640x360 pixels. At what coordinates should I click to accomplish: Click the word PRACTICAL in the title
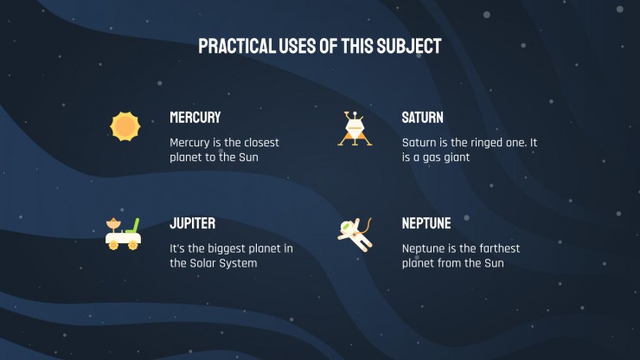[x=237, y=46]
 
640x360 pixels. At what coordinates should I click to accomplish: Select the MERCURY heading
[x=195, y=118]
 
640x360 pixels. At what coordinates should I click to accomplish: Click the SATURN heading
[x=422, y=118]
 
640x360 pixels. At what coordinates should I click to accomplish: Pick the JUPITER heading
[x=193, y=223]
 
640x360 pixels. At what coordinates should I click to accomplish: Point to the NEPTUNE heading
[x=426, y=223]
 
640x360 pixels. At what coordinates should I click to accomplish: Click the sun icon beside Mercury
[x=125, y=126]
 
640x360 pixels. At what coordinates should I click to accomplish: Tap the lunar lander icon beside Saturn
[x=355, y=129]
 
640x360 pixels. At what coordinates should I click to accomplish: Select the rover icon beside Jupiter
[x=123, y=234]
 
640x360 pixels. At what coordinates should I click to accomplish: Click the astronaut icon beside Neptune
[x=355, y=235]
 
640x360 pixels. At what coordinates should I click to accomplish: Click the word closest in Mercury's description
[x=262, y=143]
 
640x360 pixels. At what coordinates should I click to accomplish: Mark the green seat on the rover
[x=133, y=226]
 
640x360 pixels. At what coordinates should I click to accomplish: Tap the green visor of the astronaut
[x=346, y=225]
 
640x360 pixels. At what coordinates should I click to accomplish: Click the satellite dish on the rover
[x=113, y=224]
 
